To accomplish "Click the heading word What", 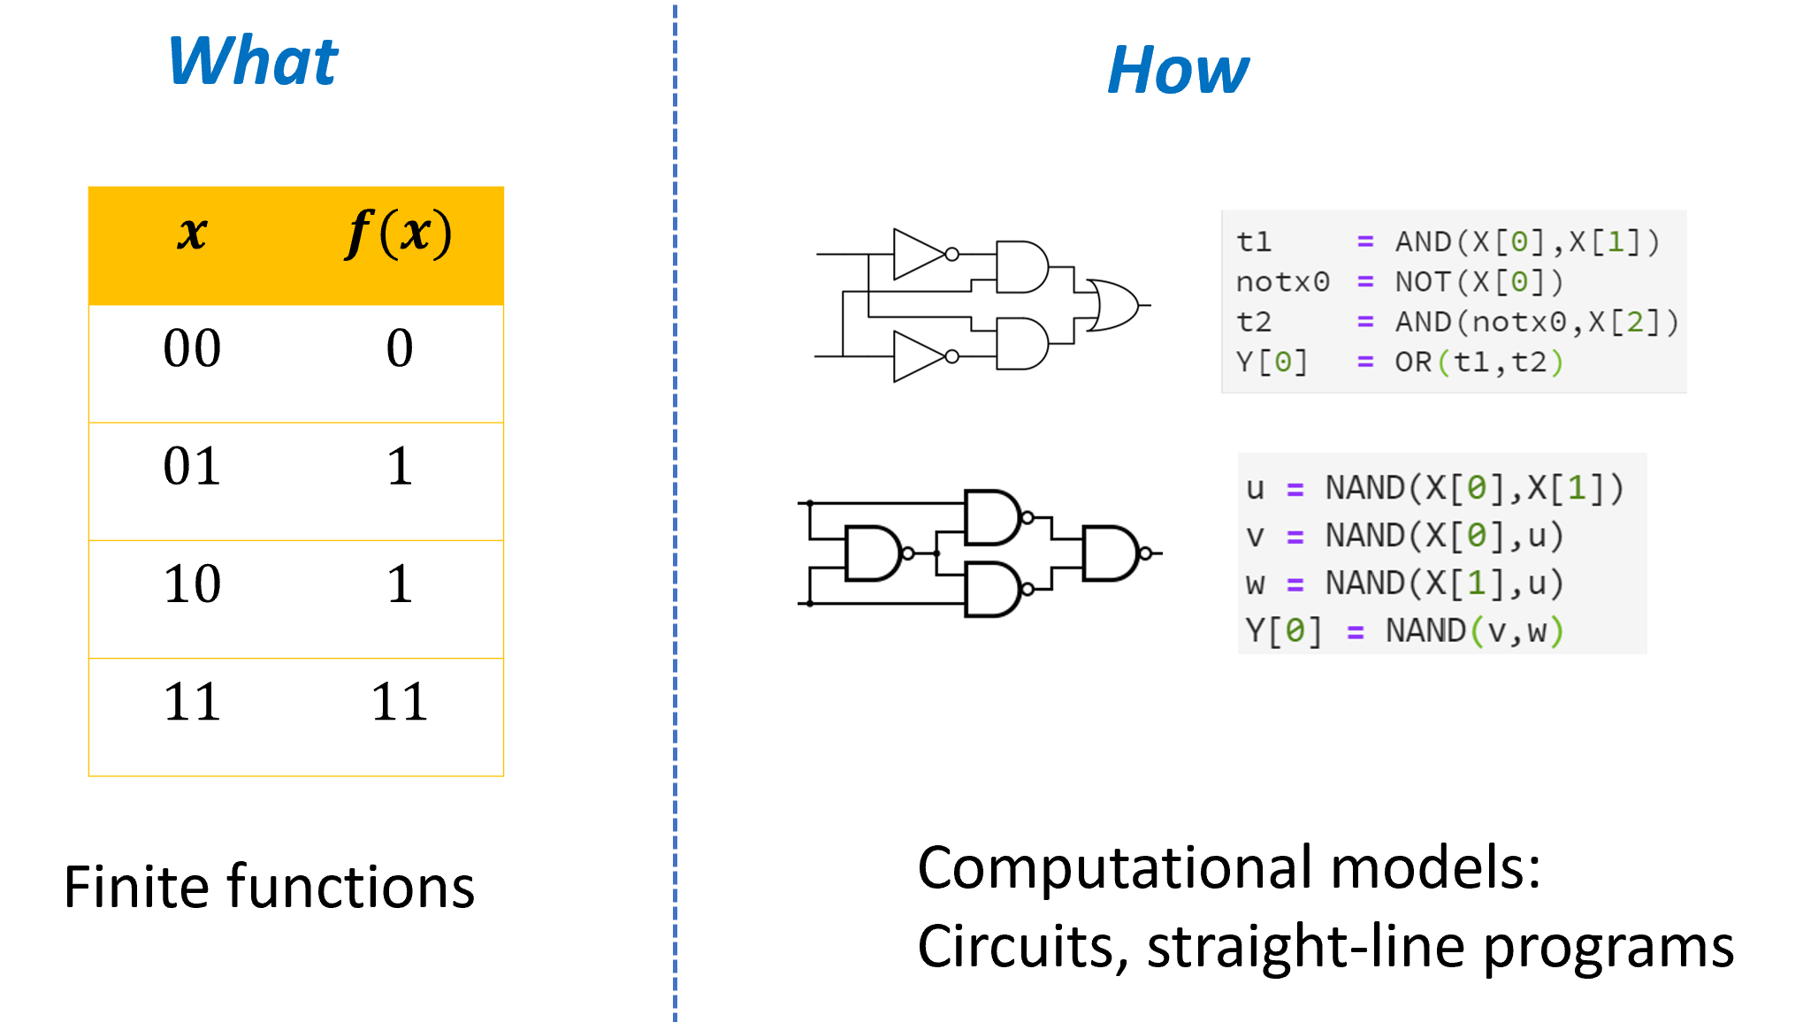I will coord(253,62).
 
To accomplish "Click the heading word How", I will coord(1178,71).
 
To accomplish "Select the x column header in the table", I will coord(192,234).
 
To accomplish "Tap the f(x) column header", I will coord(399,234).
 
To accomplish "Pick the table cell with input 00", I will coord(192,348).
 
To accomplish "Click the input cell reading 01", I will coord(192,466).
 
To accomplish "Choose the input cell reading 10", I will coord(192,584).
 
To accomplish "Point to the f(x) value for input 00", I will coord(400,348).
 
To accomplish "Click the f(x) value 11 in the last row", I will coord(400,702).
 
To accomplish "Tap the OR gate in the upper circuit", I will coord(1114,305).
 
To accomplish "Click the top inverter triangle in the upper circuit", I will coord(920,255).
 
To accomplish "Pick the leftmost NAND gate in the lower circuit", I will coord(874,553).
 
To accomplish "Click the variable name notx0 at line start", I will coord(1282,282).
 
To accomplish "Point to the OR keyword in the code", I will coord(1412,362).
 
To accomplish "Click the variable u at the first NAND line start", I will coord(1255,489).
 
